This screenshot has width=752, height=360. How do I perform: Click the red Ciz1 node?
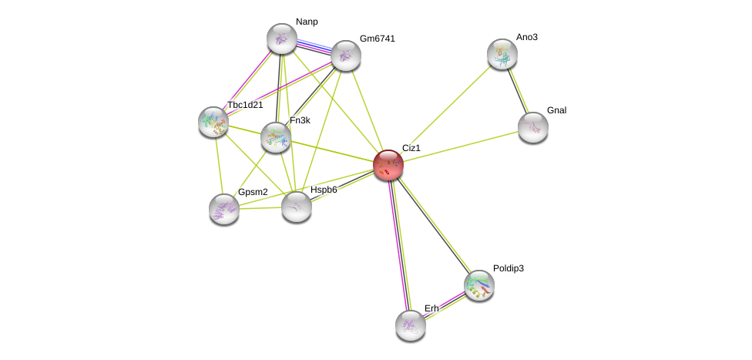click(x=388, y=164)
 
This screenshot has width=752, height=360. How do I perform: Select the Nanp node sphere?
click(x=281, y=39)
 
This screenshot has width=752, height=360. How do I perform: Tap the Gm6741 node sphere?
click(x=346, y=55)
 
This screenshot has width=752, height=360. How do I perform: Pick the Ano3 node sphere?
click(x=502, y=53)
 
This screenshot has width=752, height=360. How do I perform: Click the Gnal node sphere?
click(x=532, y=127)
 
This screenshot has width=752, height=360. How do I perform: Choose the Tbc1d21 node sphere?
click(x=213, y=122)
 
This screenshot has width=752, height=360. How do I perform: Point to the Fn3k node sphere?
click(x=275, y=137)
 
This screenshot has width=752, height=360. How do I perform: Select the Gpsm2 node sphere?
click(x=224, y=208)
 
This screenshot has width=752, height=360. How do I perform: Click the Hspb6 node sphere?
click(x=296, y=206)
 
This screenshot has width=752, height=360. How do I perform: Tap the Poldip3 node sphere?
click(x=478, y=284)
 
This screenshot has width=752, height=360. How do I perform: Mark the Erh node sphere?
click(x=410, y=325)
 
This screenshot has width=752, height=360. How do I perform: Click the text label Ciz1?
click(x=411, y=147)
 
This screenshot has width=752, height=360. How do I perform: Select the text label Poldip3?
click(x=509, y=268)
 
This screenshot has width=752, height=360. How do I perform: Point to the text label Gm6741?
click(x=378, y=39)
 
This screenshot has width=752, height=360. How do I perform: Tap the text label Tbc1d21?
click(x=245, y=105)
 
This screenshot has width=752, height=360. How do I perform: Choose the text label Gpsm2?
click(x=253, y=192)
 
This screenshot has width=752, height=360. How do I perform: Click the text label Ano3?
click(x=527, y=37)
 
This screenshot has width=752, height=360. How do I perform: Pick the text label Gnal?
click(x=556, y=110)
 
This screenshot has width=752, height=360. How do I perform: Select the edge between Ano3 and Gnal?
click(x=517, y=90)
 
